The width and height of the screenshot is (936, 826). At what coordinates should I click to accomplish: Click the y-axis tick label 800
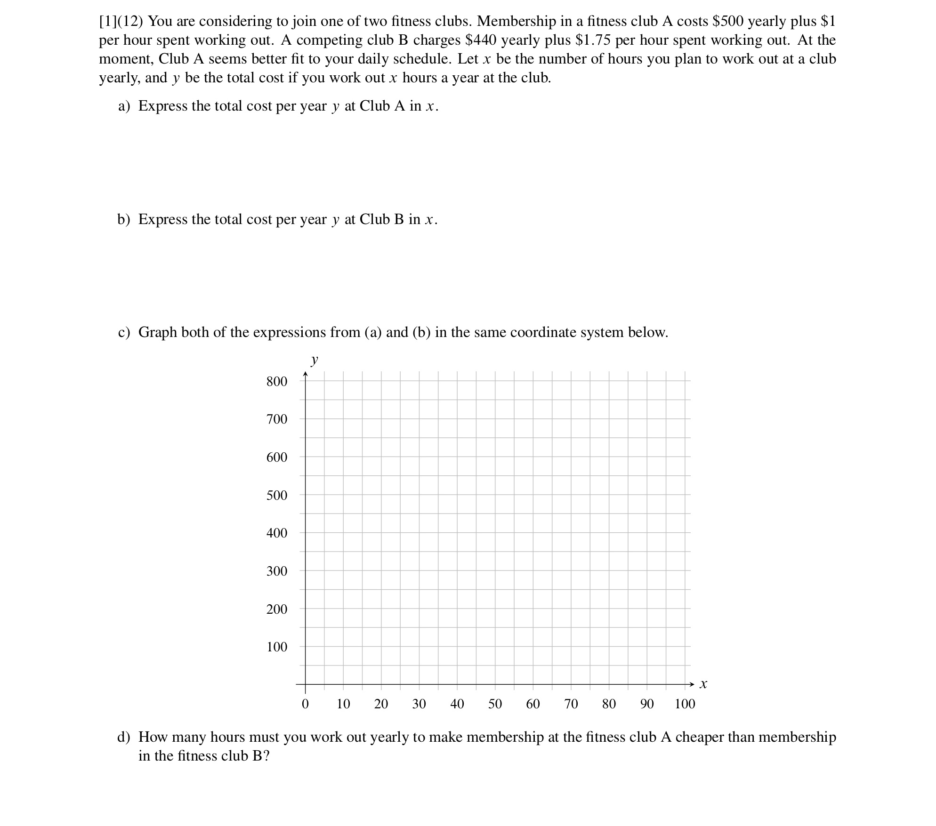(276, 381)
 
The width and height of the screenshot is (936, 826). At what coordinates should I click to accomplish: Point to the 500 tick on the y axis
(276, 495)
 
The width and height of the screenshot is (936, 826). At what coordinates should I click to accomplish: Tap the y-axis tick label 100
(276, 647)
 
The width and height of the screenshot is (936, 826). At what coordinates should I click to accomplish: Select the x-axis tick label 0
(305, 704)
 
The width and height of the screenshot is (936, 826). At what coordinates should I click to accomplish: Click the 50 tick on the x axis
(495, 704)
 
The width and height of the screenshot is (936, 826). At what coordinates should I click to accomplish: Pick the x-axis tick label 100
(685, 704)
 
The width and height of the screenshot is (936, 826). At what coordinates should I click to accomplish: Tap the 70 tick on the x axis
(571, 704)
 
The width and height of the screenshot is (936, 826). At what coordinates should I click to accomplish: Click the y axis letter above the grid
(315, 361)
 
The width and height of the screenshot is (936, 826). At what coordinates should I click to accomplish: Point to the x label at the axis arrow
(703, 684)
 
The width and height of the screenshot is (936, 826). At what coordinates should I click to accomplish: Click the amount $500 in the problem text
(728, 21)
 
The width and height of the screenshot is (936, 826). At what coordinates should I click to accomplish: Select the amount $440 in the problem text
(481, 40)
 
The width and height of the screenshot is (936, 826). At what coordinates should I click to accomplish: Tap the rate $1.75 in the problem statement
(593, 40)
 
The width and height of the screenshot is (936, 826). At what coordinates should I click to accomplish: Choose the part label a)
(124, 106)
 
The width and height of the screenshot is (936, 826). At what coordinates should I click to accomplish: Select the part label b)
(124, 219)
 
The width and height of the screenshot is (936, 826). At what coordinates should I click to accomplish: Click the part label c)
(124, 332)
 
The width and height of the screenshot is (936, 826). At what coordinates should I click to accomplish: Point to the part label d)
(124, 737)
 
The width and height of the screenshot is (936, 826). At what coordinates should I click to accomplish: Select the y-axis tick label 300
(276, 571)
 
